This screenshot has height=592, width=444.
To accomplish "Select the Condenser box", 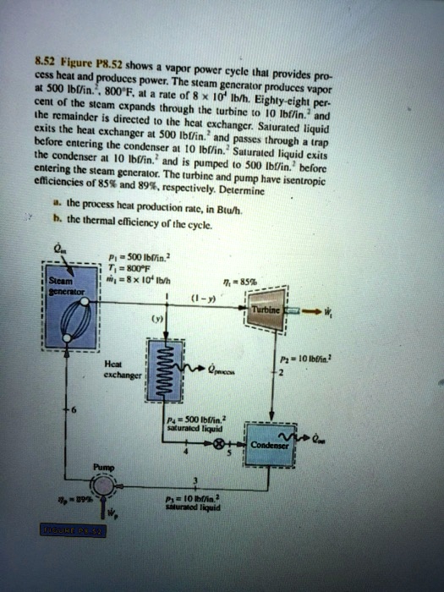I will point(267,445).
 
